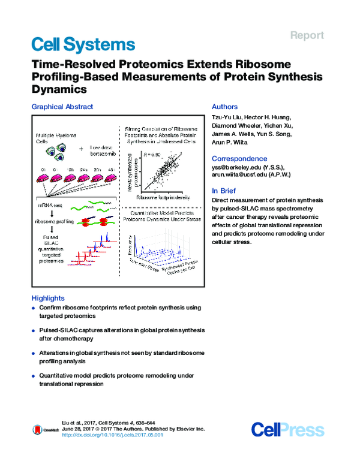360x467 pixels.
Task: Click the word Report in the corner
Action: tap(307, 35)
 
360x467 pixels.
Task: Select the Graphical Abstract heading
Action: tap(62, 107)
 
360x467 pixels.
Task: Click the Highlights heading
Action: tap(47, 299)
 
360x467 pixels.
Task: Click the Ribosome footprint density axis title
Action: tap(162, 197)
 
